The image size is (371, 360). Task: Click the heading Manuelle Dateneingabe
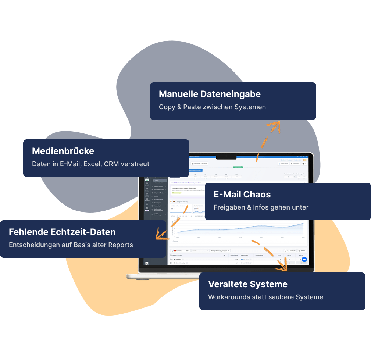coord(210,94)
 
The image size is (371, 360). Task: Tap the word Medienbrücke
coord(63,151)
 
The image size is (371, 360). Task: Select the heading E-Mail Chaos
coord(242,195)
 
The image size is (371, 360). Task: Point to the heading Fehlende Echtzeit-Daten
coord(62,232)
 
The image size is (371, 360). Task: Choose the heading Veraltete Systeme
coord(248,284)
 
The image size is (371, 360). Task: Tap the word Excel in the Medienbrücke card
coord(92,164)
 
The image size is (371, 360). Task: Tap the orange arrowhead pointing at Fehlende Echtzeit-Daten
coord(160,234)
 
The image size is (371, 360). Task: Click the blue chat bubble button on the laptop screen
coord(304,259)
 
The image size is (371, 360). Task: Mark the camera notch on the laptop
coord(226,157)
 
